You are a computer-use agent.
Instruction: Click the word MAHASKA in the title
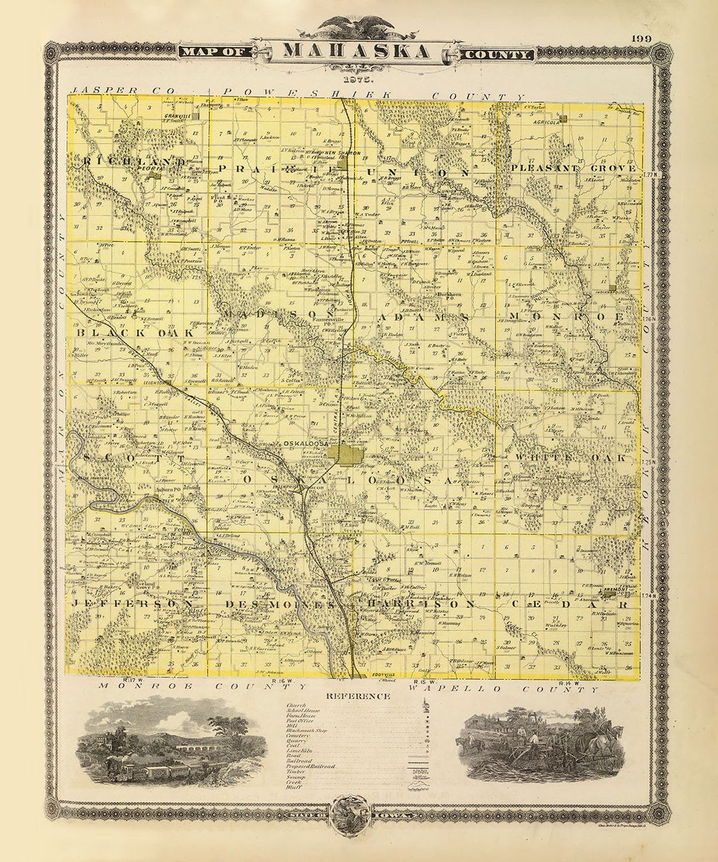tap(356, 51)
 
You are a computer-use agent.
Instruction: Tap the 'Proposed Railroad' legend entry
tap(310, 766)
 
